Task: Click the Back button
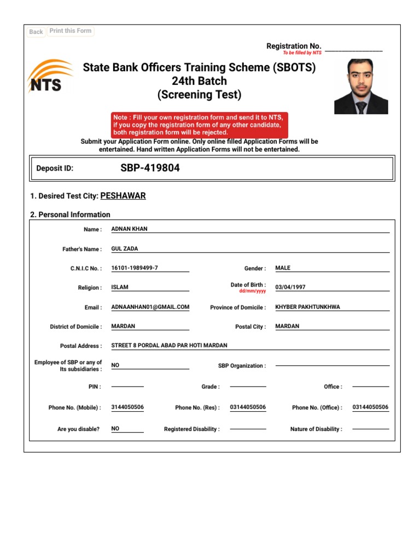click(x=36, y=32)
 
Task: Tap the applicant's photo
click(x=361, y=86)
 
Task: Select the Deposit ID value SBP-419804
click(x=150, y=168)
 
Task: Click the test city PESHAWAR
click(x=123, y=196)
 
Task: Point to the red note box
click(x=199, y=125)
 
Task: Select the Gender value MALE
click(x=283, y=268)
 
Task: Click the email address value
click(x=150, y=307)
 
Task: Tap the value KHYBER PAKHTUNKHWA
click(x=307, y=307)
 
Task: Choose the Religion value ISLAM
click(x=120, y=287)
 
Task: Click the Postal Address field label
click(x=80, y=346)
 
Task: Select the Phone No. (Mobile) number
click(x=127, y=407)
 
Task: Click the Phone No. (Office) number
click(x=370, y=407)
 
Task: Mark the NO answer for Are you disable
click(x=115, y=429)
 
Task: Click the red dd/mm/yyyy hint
click(x=253, y=291)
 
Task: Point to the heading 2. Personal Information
click(x=70, y=214)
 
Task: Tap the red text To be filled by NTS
click(x=302, y=53)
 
